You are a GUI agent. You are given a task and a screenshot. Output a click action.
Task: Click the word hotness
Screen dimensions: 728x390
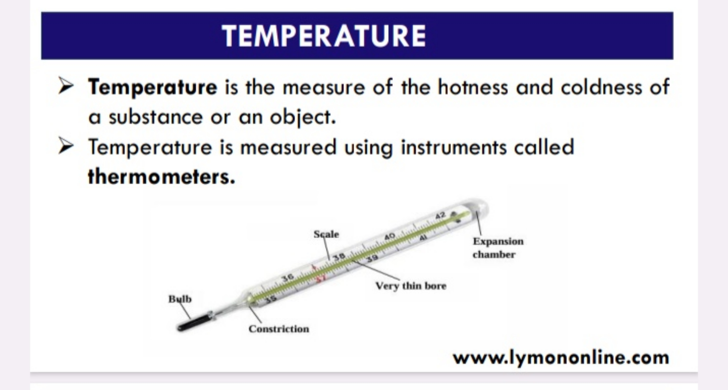(x=472, y=87)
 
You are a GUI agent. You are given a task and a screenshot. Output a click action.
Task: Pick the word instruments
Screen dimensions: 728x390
(x=454, y=147)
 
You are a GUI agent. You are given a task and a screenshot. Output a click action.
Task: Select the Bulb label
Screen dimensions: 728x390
(x=180, y=299)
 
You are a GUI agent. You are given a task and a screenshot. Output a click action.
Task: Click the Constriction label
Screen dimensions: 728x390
(x=279, y=329)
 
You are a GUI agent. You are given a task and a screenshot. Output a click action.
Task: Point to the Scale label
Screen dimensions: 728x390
(x=326, y=234)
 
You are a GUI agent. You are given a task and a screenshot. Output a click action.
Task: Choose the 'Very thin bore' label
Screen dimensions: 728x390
(x=411, y=286)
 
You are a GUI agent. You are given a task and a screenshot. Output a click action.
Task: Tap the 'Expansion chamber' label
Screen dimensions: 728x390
(x=498, y=248)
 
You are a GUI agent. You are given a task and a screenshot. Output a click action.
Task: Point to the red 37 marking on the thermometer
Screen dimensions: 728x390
(x=321, y=278)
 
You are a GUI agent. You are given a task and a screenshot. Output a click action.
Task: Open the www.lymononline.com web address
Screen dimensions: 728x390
(x=561, y=358)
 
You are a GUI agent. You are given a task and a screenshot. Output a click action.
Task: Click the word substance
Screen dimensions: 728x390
(x=156, y=117)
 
